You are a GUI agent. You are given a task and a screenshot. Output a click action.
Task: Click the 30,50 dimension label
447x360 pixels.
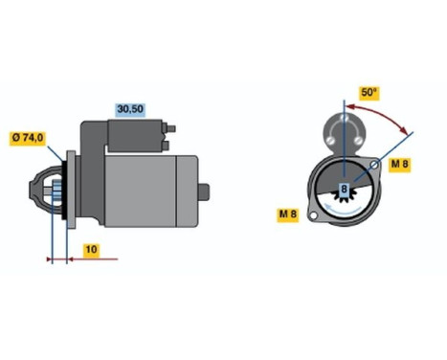130,110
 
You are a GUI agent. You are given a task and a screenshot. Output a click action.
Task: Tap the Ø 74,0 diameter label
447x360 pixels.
29,139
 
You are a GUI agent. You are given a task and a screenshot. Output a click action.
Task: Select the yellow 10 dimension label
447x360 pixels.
89,250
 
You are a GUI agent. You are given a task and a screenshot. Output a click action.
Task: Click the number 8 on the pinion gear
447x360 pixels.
344,188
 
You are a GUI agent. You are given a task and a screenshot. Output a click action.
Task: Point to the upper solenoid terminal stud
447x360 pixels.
173,127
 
